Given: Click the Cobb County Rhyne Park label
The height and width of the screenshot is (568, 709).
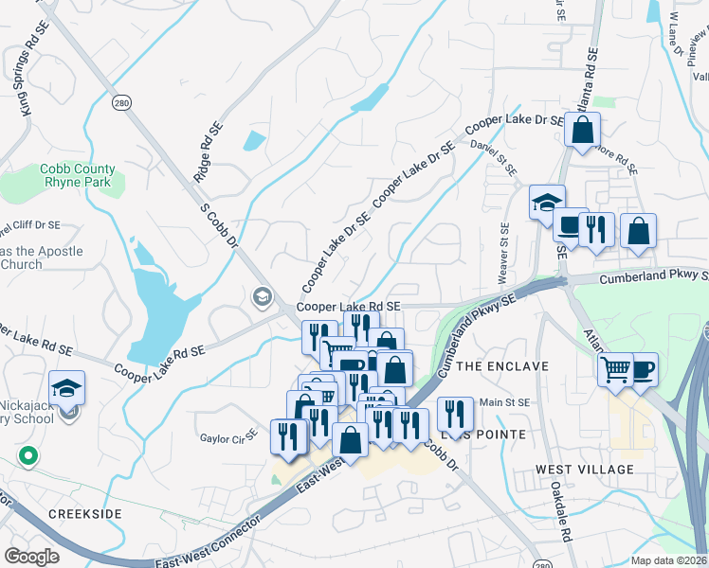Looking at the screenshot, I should click(76, 176).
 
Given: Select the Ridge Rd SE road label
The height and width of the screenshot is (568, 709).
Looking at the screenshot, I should click(201, 156).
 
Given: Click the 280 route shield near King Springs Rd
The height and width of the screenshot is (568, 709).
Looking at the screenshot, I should click(120, 102).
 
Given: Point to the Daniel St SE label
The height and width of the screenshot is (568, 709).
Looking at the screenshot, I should click(495, 157).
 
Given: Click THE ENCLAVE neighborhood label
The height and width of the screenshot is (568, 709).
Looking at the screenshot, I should click(502, 366).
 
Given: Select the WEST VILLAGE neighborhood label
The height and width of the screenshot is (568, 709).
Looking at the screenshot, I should click(584, 470).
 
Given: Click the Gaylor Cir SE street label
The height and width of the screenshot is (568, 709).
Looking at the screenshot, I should click(228, 438).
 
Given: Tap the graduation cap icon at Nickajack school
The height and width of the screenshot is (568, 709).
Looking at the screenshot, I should click(67, 387).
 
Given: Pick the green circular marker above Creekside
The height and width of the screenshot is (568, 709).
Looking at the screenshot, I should click(28, 456).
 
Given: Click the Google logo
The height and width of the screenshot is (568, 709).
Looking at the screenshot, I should click(31, 557).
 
